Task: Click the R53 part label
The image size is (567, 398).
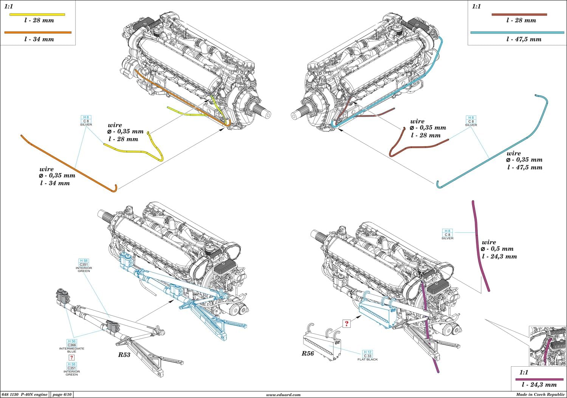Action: click(x=124, y=355)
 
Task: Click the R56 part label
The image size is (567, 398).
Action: click(x=308, y=353)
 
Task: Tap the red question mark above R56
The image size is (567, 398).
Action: click(x=346, y=324)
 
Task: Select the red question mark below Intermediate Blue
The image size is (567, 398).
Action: click(x=71, y=358)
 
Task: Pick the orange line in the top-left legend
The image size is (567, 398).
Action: click(x=38, y=33)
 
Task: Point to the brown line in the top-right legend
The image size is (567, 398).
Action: click(x=519, y=14)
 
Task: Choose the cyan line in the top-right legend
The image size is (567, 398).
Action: click(x=517, y=33)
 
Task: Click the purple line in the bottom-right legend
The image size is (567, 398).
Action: click(x=539, y=379)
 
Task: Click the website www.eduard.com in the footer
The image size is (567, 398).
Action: click(x=283, y=395)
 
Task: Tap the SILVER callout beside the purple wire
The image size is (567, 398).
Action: click(x=448, y=234)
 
